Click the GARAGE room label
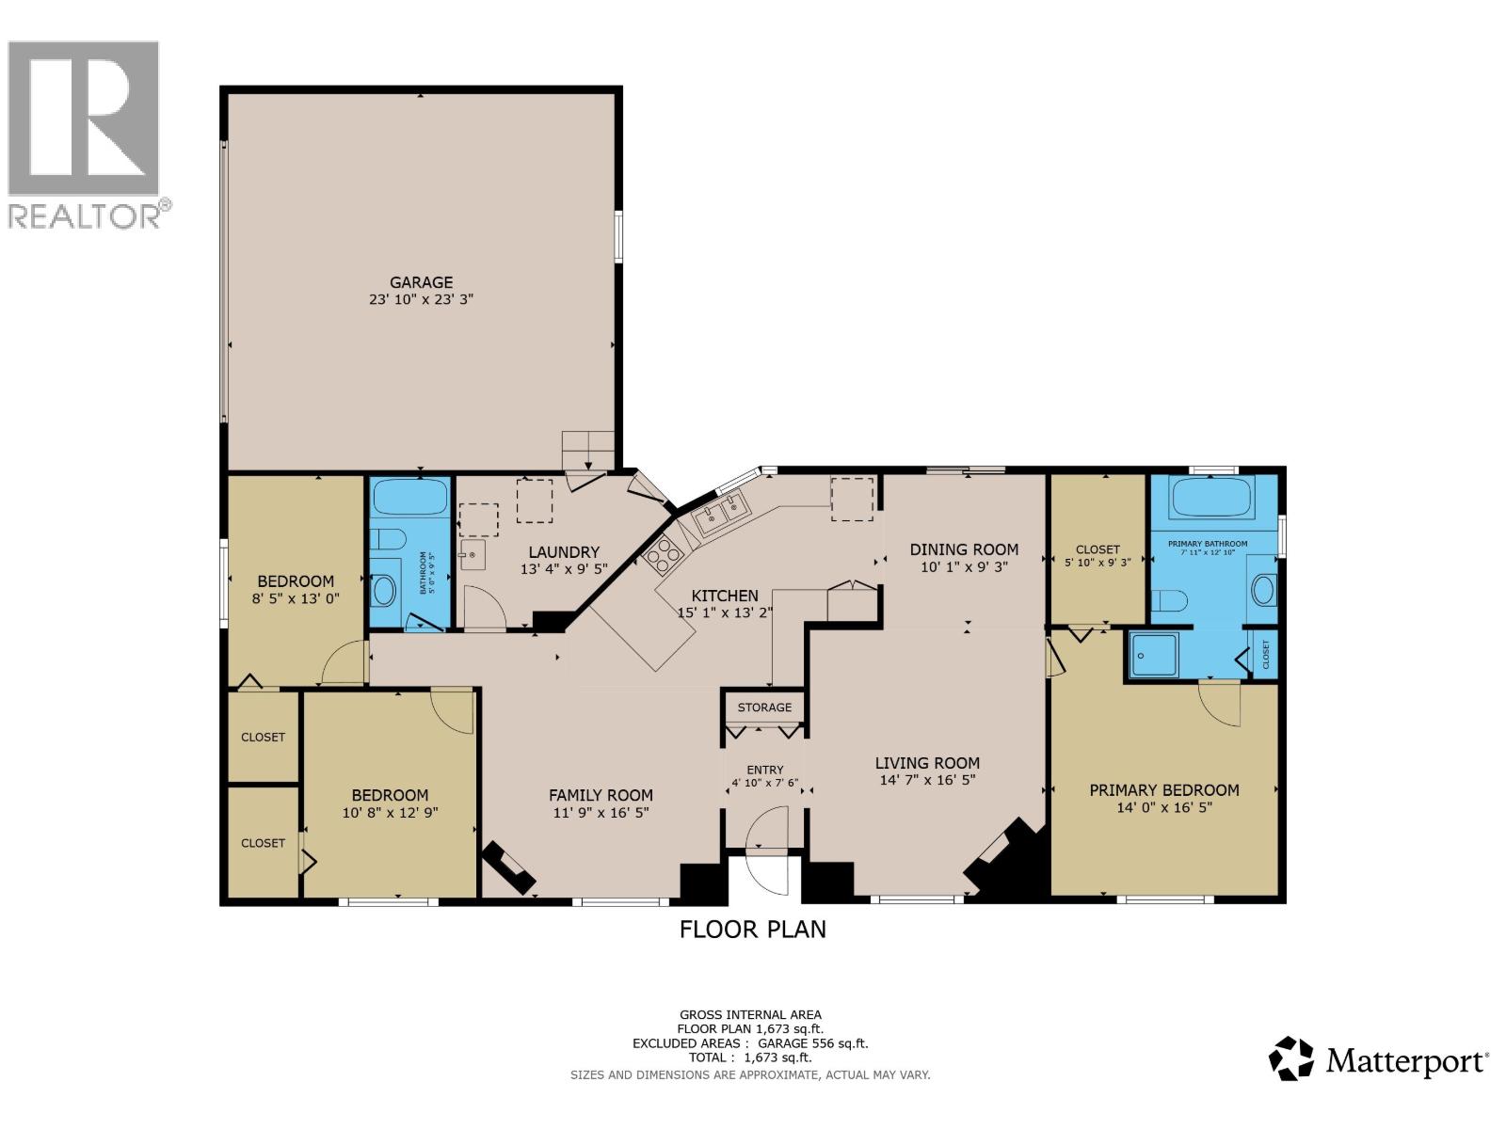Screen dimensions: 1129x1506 tap(422, 281)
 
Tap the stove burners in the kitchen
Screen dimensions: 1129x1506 tap(664, 555)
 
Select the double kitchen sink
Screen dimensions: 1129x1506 tap(721, 512)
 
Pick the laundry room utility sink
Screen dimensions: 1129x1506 tap(473, 554)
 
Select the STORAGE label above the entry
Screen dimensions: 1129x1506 tap(764, 708)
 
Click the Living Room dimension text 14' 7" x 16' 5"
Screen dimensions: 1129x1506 tap(927, 780)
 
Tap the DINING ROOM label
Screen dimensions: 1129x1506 tap(964, 549)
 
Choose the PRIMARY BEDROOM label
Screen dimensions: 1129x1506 tap(1164, 790)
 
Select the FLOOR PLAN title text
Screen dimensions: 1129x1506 tap(753, 930)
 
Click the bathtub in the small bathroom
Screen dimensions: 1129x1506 tap(409, 497)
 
